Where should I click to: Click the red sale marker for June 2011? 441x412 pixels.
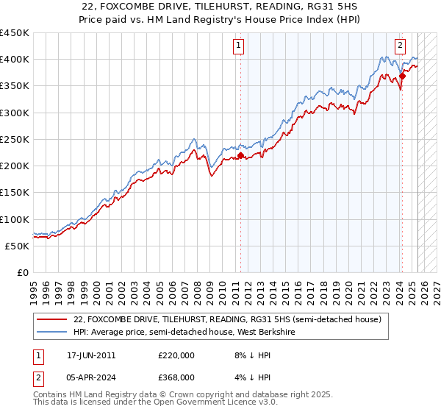pyautogui.click(x=240, y=156)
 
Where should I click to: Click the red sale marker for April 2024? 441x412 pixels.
pyautogui.click(x=403, y=76)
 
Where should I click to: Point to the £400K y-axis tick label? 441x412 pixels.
pyautogui.click(x=15, y=60)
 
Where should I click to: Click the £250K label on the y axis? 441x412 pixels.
pyautogui.click(x=15, y=139)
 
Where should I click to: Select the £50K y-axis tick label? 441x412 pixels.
pyautogui.click(x=18, y=246)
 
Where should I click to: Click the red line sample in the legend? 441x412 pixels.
pyautogui.click(x=51, y=320)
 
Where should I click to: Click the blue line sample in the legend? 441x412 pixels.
pyautogui.click(x=51, y=333)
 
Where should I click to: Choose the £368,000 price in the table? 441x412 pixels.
pyautogui.click(x=176, y=380)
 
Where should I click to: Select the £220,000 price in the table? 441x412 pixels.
pyautogui.click(x=176, y=355)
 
